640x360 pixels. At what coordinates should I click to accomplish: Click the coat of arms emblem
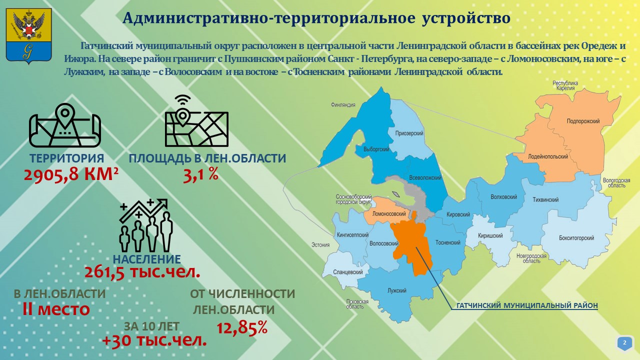[x=29, y=35]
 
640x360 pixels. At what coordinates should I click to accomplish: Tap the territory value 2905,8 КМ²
[x=71, y=174]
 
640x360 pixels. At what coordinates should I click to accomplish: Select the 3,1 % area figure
[x=200, y=174]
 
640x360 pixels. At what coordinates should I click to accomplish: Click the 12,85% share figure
[x=242, y=327]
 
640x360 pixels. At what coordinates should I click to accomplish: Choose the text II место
[x=56, y=309]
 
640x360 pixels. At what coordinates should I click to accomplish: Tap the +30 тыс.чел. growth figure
[x=154, y=340]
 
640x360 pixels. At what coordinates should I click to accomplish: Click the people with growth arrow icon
[x=146, y=225]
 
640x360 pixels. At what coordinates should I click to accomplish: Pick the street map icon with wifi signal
[x=196, y=121]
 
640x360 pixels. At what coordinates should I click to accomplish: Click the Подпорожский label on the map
[x=583, y=121]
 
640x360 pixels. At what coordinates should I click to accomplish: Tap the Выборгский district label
[x=376, y=149]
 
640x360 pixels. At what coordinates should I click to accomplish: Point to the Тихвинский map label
[x=545, y=199]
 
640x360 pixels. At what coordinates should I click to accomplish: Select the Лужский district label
[x=397, y=290]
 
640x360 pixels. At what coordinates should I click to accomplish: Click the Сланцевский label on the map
[x=347, y=272]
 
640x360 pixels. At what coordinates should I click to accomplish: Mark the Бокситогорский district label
[x=576, y=237]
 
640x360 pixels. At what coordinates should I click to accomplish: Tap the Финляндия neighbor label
[x=343, y=105]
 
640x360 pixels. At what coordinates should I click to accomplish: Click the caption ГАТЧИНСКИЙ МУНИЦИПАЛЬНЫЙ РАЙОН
[x=527, y=305]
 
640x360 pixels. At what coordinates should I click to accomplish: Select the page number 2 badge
[x=624, y=342]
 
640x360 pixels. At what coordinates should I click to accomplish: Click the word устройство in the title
[x=466, y=18]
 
